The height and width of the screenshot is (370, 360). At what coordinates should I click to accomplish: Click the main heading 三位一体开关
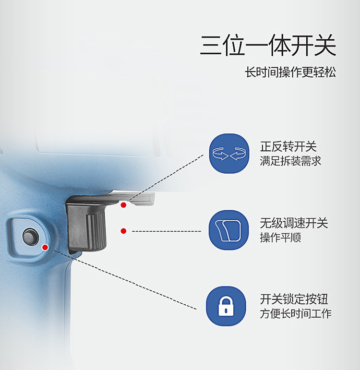click(x=268, y=45)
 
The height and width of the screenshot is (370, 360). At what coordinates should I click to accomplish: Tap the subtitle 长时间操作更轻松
click(x=290, y=72)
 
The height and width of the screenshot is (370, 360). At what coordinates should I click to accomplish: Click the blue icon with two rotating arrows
click(x=229, y=154)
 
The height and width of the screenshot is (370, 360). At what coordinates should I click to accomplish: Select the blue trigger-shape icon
click(x=228, y=230)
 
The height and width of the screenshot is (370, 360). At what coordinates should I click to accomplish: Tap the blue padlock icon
click(x=226, y=306)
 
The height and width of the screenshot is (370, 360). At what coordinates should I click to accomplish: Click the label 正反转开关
click(x=288, y=146)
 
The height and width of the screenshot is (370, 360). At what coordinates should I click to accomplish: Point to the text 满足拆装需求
click(x=290, y=161)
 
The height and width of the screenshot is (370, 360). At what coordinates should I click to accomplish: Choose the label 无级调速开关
click(x=294, y=223)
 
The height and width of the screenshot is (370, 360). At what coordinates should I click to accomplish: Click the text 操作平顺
click(x=280, y=238)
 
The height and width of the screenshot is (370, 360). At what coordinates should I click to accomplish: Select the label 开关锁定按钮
click(x=294, y=299)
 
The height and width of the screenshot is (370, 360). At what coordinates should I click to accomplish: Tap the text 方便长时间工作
click(x=296, y=314)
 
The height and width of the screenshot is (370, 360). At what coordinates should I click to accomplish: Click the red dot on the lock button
click(x=45, y=247)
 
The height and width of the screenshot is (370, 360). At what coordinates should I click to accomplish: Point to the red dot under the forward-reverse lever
click(x=123, y=205)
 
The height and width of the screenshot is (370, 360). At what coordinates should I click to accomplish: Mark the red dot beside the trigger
click(x=123, y=231)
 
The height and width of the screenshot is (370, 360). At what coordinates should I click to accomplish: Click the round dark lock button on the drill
click(x=30, y=237)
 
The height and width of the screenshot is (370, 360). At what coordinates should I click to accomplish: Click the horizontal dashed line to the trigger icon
click(x=167, y=231)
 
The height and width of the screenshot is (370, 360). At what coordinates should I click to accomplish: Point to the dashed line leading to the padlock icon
click(x=125, y=279)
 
